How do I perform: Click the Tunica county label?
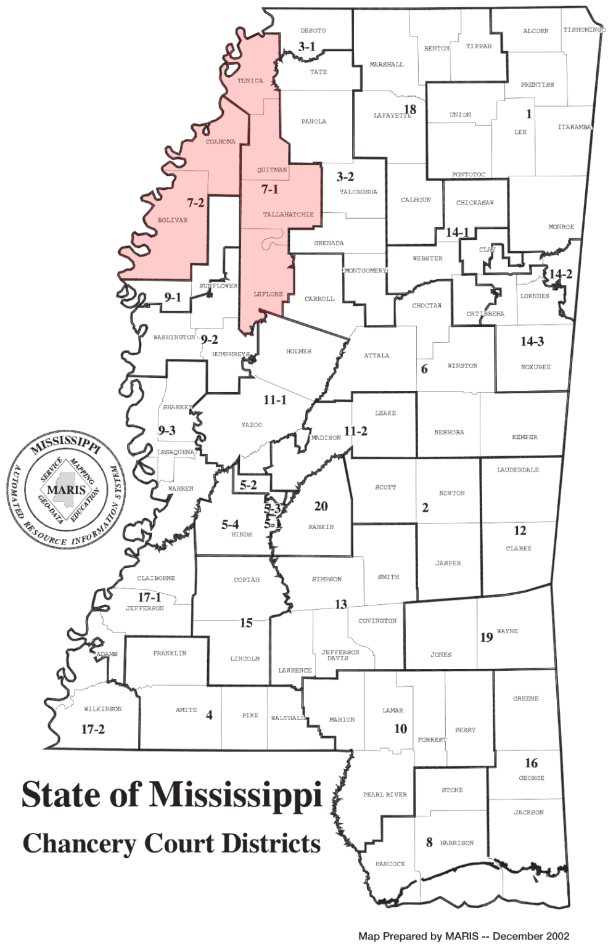click(250, 81)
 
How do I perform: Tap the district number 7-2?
click(195, 202)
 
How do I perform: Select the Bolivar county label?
click(173, 220)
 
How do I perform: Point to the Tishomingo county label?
click(583, 30)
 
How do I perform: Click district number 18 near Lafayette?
click(410, 110)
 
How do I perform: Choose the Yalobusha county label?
click(358, 192)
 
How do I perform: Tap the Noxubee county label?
click(535, 367)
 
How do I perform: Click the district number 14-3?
click(532, 341)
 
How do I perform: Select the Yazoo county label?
click(252, 425)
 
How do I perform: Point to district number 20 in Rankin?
click(321, 506)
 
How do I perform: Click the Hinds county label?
click(242, 535)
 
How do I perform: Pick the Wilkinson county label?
click(103, 709)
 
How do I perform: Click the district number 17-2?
click(93, 729)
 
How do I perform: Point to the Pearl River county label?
click(385, 795)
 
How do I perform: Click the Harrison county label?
click(457, 843)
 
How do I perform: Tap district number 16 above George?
click(531, 763)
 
